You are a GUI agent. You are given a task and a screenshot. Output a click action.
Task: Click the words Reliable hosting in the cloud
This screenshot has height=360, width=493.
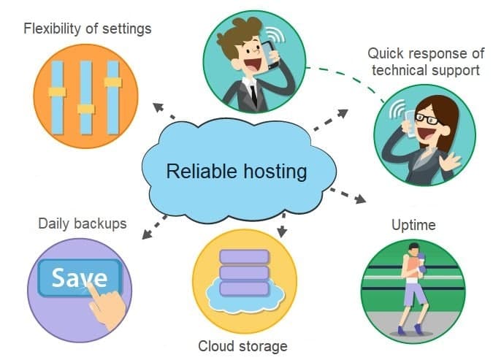click(x=236, y=172)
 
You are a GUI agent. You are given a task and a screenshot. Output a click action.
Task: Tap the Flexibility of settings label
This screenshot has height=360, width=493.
click(x=88, y=29)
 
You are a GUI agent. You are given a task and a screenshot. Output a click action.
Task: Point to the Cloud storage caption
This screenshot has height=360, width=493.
click(x=242, y=345)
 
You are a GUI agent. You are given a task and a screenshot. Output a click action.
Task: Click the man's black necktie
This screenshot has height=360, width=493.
click(x=253, y=94)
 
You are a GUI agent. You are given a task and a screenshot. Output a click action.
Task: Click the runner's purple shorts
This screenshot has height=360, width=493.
click(x=414, y=293)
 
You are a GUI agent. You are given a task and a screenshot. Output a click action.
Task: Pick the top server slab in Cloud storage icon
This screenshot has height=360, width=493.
click(x=244, y=256)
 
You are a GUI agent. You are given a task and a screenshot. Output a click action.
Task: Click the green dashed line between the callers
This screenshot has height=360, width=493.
click(x=343, y=79)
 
